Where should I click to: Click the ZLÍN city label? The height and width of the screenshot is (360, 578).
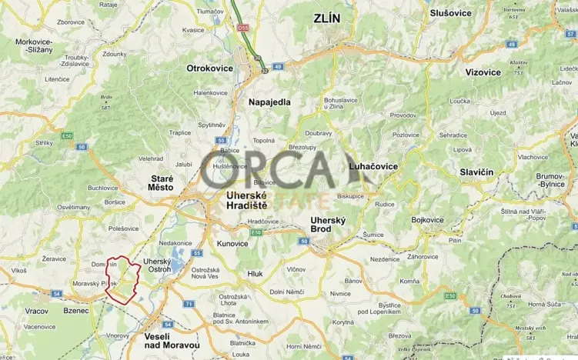(326, 17)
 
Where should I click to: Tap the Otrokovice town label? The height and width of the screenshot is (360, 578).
(209, 68)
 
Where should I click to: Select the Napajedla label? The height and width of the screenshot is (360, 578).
(269, 102)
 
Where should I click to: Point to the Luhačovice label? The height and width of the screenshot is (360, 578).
(373, 166)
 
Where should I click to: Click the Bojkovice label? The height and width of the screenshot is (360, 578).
(428, 220)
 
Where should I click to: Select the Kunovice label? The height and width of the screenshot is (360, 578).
(232, 243)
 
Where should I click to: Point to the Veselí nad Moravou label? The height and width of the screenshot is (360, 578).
(172, 342)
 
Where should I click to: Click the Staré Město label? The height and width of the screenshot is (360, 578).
(161, 182)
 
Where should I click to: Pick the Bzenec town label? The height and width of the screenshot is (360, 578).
(76, 311)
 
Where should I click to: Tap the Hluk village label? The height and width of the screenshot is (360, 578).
(255, 274)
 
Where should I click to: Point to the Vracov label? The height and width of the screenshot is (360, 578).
(35, 311)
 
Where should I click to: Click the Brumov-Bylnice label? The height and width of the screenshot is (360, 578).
(556, 180)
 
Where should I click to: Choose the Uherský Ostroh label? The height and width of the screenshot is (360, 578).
(157, 265)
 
